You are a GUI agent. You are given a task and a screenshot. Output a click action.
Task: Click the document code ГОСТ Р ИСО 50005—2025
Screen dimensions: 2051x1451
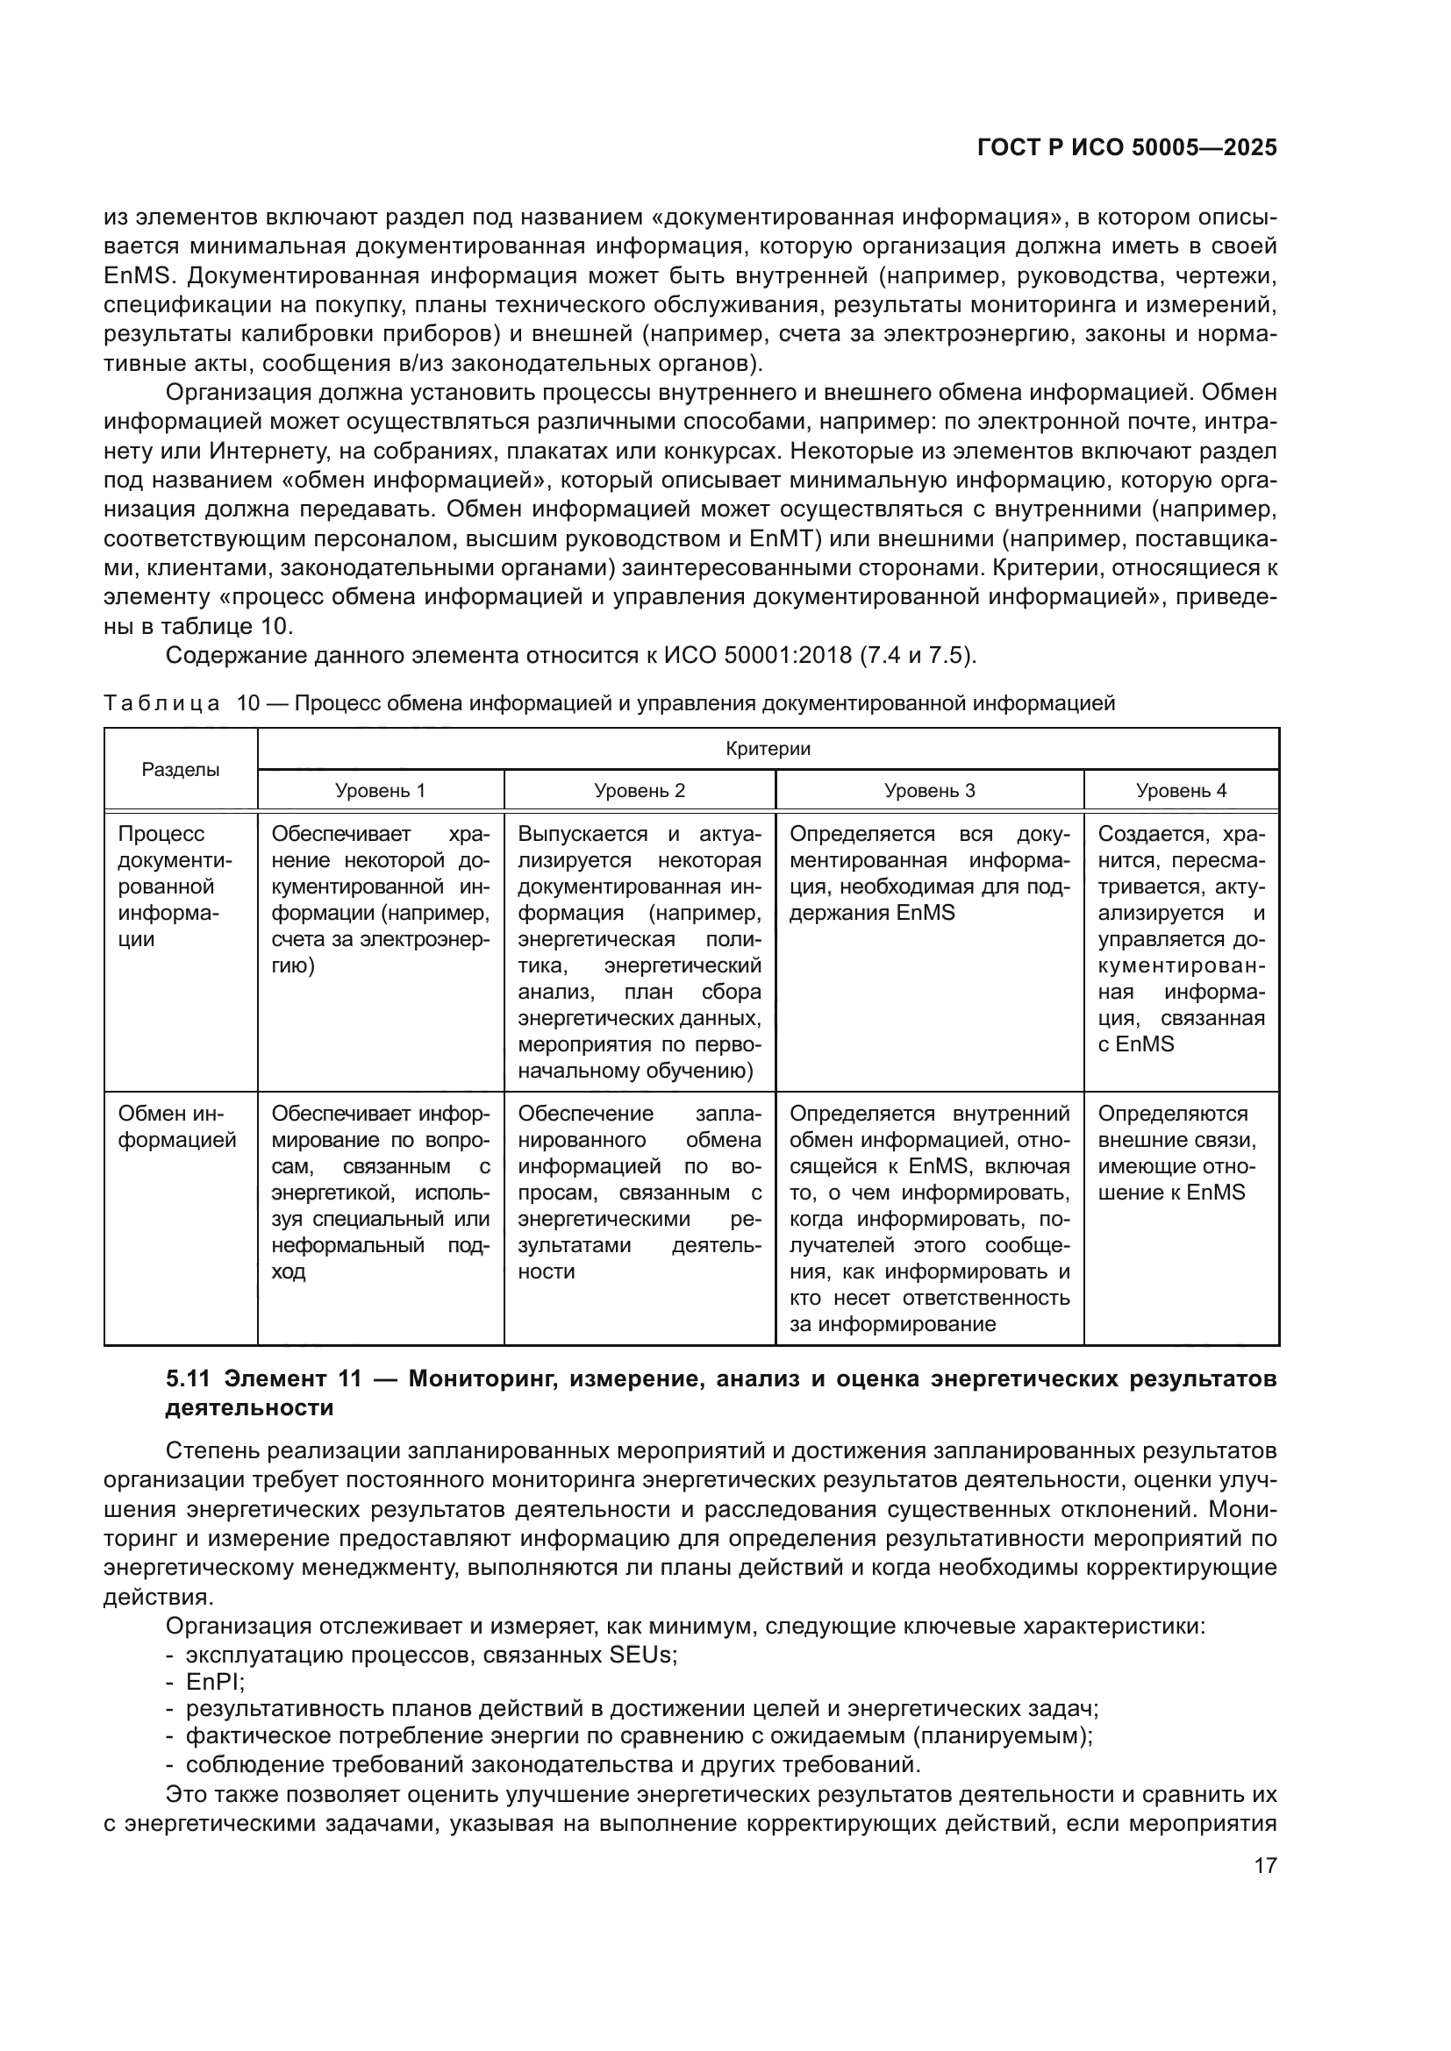1126,148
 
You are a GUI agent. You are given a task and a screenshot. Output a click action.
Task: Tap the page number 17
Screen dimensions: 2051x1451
1265,1865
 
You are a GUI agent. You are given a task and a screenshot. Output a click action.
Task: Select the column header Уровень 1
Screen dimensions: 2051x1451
380,791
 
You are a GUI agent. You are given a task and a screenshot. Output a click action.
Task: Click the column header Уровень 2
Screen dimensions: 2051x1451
639,791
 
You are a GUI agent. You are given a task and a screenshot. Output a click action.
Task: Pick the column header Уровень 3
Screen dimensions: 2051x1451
929,791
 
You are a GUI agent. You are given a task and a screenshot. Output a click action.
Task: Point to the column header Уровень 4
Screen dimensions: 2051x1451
1181,791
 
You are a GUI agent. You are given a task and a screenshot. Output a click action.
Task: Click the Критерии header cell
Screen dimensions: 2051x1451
768,749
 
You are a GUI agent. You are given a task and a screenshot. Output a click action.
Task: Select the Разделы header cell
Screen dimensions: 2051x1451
181,770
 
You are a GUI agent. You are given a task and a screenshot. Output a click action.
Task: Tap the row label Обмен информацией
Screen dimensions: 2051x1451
177,1127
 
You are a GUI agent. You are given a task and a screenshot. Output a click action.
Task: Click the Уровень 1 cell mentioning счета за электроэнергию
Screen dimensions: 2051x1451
380,900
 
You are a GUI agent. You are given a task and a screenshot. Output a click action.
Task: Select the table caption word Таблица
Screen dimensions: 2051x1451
161,703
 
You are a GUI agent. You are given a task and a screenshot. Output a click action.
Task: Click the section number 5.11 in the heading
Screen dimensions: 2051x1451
188,1379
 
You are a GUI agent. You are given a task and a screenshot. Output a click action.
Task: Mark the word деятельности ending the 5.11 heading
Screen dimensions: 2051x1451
249,1409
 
